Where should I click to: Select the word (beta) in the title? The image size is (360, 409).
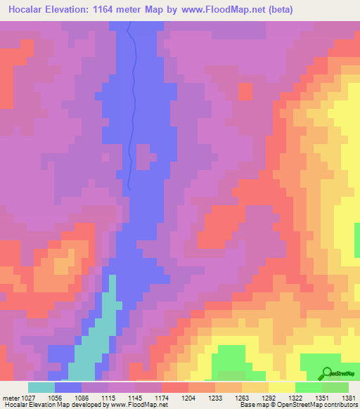coord(278,10)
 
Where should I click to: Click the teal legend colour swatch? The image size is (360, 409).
coord(41,387)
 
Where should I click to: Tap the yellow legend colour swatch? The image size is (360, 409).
coord(281,387)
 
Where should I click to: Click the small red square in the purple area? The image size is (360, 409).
coord(245,91)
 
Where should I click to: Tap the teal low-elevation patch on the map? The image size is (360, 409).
coord(91,344)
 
